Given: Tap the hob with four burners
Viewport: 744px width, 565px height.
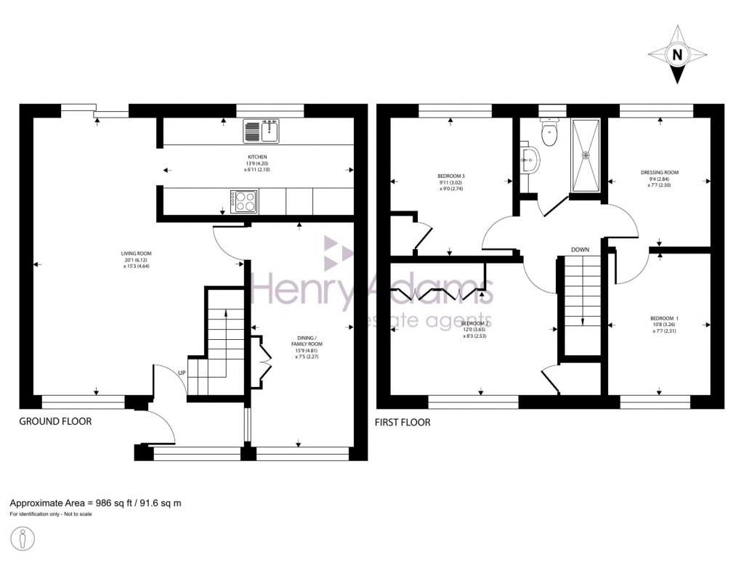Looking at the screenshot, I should pos(245,201).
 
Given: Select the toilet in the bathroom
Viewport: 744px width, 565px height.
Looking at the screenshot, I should pos(549,130).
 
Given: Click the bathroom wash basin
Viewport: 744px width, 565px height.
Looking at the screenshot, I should pos(530,158).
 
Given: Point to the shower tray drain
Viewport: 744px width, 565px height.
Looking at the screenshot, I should pos(588,154).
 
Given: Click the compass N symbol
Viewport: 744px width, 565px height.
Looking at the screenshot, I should pos(677,54).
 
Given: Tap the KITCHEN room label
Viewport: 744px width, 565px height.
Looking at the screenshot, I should pos(257,157).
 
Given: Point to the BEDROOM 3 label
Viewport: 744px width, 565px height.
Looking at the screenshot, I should pos(450,176).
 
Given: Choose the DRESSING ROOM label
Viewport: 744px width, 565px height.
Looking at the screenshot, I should pos(659,173).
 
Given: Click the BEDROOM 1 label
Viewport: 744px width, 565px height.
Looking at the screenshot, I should pos(664,319).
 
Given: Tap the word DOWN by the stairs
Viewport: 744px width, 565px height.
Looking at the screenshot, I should pos(579,250).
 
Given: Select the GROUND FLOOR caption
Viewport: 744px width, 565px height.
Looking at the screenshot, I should pos(55,421).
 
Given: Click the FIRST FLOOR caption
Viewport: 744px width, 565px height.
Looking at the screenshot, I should pos(402,422).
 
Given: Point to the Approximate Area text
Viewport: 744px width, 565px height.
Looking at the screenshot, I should pos(95,503).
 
